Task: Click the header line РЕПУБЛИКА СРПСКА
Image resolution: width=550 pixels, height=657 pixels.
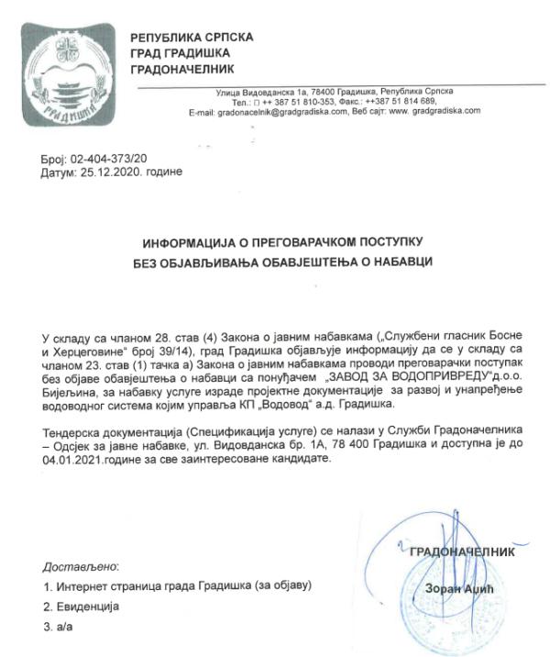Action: (192, 38)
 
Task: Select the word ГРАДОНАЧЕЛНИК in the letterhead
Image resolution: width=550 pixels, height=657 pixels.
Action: (183, 70)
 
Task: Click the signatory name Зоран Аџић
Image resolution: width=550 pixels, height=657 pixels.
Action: (452, 588)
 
